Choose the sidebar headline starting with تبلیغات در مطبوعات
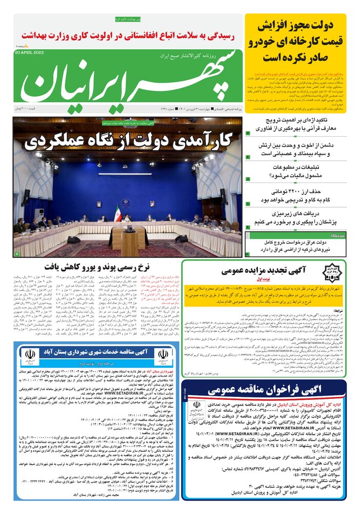click(298, 172)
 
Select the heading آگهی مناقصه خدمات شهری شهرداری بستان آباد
click(94, 351)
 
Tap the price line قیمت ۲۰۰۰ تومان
click(30, 109)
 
